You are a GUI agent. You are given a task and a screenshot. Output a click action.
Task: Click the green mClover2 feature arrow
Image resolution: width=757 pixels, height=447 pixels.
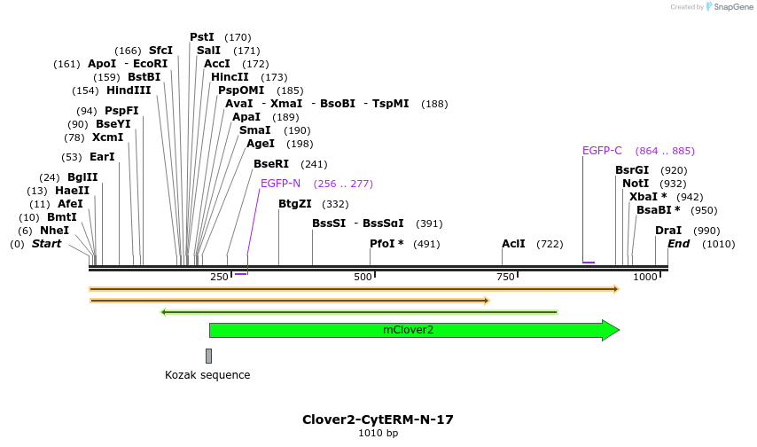click(x=408, y=330)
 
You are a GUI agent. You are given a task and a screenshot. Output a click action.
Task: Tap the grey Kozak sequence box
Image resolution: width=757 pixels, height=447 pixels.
click(x=208, y=356)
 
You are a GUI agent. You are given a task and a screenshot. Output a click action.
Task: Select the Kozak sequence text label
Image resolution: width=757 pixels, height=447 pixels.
click(x=207, y=375)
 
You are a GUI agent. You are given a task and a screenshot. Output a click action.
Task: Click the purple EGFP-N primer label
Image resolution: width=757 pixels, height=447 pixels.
click(x=280, y=184)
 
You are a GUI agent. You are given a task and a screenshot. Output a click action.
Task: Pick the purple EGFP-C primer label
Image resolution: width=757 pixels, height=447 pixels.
click(x=602, y=151)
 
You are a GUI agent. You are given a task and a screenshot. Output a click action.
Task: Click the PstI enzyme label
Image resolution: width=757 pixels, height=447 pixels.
click(x=202, y=37)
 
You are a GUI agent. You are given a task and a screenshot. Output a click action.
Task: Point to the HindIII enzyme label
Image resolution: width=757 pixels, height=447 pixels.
click(x=129, y=90)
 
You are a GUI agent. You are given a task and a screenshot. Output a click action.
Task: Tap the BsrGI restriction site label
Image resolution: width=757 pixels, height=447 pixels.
click(x=632, y=170)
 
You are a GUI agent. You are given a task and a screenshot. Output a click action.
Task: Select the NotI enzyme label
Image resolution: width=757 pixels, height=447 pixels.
click(x=636, y=184)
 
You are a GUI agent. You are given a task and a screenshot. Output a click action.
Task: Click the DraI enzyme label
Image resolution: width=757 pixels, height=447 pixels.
click(x=668, y=231)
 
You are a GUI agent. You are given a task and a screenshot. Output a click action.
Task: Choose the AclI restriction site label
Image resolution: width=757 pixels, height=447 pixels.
click(x=513, y=244)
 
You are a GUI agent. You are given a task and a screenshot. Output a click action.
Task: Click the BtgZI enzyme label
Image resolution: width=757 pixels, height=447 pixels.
click(x=295, y=204)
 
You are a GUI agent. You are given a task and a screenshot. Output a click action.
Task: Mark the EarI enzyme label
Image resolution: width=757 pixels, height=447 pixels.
click(x=102, y=157)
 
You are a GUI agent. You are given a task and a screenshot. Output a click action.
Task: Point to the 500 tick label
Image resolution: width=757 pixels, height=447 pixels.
click(x=363, y=278)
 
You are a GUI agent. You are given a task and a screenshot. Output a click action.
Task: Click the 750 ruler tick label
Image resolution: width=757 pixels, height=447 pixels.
click(x=505, y=278)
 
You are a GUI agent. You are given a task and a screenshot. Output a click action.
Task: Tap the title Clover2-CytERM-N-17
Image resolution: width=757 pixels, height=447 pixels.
click(x=378, y=420)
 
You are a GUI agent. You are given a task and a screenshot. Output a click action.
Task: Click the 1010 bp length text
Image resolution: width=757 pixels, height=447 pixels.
click(x=378, y=434)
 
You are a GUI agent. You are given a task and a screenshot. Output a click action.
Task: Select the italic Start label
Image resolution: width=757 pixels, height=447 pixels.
click(x=47, y=244)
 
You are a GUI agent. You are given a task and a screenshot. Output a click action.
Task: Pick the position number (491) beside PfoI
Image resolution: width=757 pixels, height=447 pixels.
click(x=426, y=244)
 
